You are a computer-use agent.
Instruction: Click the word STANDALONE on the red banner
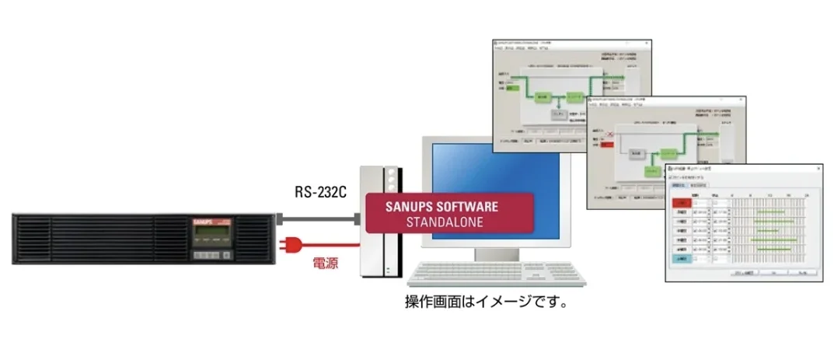tap(445, 222)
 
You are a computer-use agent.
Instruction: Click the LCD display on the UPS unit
tap(212, 234)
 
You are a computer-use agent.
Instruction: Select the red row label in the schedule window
tap(682, 203)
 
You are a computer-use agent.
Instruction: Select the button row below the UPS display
tap(211, 255)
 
